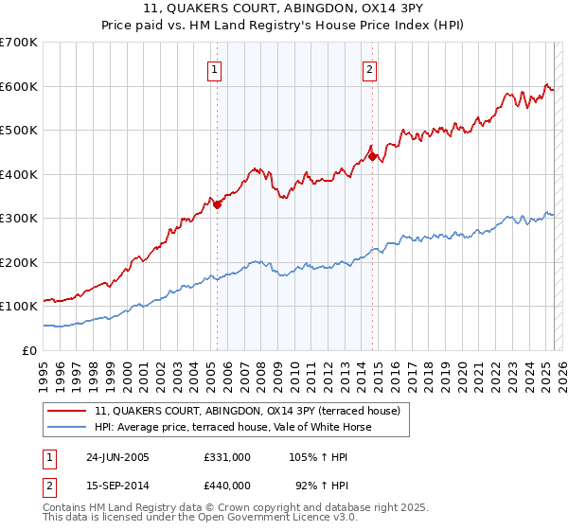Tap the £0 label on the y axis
(30, 350)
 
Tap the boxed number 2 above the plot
(369, 69)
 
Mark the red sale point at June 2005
(218, 203)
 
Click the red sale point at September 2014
(372, 156)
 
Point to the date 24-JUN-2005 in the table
(117, 456)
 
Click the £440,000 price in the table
(227, 485)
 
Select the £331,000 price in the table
(227, 456)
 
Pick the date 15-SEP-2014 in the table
(117, 485)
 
